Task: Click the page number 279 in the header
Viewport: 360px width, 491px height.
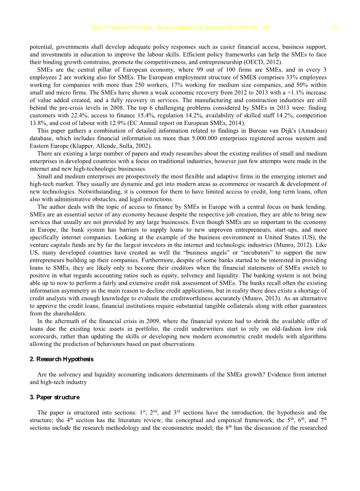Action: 334,28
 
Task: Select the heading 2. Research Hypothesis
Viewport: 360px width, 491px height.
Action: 61,359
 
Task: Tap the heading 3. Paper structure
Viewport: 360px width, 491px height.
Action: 54,397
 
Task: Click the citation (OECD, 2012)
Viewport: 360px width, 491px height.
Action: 252,62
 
